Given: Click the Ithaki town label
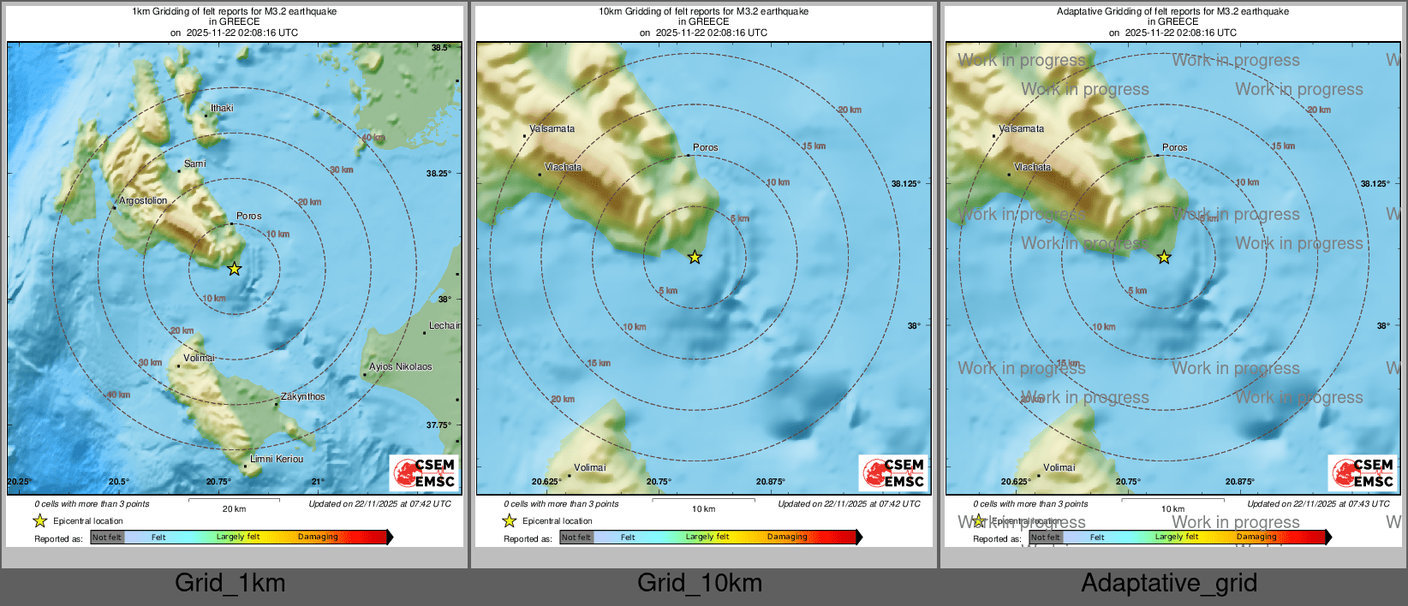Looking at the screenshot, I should point(222,109).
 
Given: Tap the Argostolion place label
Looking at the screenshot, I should point(143,201).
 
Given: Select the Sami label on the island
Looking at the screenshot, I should point(194,164).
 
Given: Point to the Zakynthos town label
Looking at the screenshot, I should point(303,397).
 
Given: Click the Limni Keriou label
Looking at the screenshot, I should point(277,460).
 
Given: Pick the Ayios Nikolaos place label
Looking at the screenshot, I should point(401,367).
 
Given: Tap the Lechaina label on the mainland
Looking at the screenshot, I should point(444,326).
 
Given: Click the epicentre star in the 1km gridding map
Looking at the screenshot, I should point(234,269).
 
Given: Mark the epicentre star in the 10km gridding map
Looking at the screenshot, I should point(695,257).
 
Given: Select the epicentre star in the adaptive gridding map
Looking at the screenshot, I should point(1164,257).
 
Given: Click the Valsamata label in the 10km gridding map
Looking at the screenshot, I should point(552,129).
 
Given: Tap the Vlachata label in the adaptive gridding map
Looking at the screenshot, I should point(1032,168).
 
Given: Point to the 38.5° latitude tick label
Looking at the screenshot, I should point(440,48).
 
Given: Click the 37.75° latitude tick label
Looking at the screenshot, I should point(439,425).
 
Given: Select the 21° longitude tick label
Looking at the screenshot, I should point(318,482).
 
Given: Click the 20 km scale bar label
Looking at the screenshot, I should point(234,509).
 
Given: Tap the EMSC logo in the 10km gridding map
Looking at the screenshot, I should point(893,472).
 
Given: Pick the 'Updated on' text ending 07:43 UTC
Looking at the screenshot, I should point(1318,504).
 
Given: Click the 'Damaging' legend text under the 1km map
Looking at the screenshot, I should point(318,538).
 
